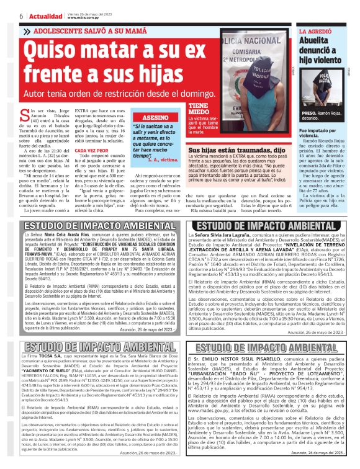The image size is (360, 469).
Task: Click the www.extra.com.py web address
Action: (x=85, y=17)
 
